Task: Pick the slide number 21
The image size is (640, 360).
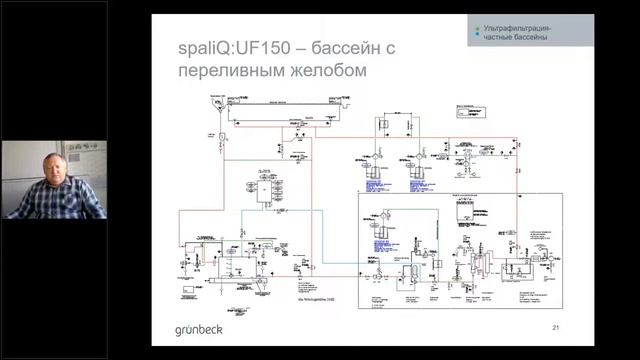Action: coord(556,327)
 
